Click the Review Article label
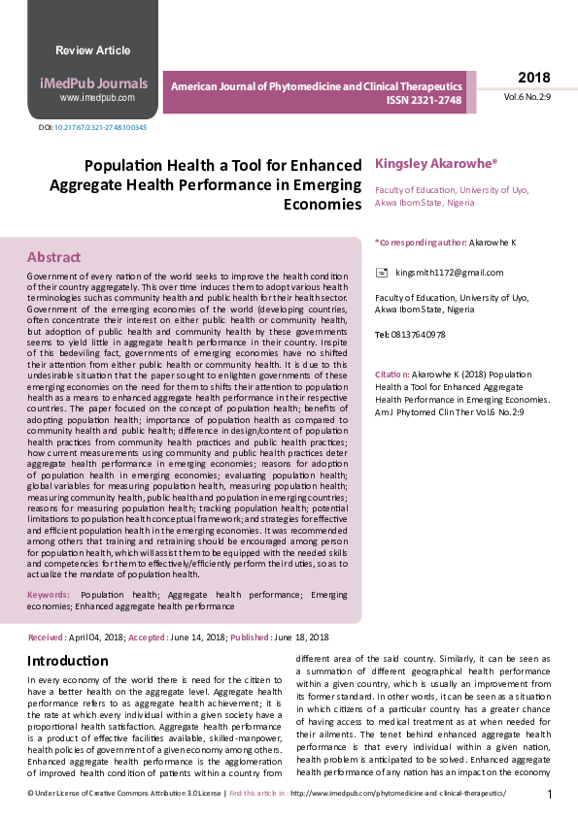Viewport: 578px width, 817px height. (x=92, y=50)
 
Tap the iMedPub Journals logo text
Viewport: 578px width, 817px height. (x=95, y=83)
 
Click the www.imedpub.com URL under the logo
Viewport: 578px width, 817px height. (x=96, y=98)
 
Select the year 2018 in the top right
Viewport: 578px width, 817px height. (x=533, y=78)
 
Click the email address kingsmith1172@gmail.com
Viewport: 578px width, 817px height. (x=450, y=273)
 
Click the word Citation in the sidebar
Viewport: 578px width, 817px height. (x=391, y=374)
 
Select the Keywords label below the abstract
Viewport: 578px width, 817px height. (x=49, y=594)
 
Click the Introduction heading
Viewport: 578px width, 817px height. (x=68, y=661)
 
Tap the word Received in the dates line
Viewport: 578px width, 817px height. (x=46, y=637)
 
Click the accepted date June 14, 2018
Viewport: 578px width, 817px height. (x=199, y=637)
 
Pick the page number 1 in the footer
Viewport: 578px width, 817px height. (x=550, y=795)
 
